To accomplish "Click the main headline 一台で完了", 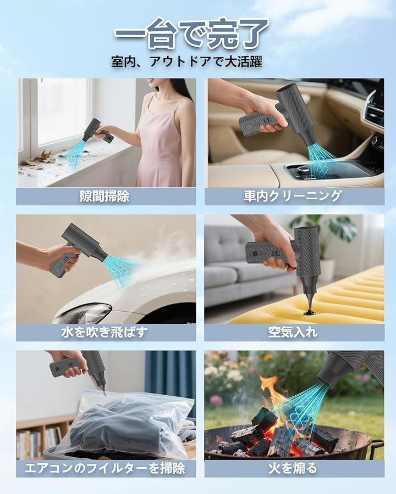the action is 192,34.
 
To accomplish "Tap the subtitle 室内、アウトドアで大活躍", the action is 186,61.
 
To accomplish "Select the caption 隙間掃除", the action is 105,197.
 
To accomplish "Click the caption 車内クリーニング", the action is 293,196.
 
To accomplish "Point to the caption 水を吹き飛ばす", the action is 105,332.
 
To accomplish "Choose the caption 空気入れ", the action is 293,332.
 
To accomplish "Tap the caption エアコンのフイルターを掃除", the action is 105,468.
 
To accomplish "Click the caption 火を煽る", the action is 293,468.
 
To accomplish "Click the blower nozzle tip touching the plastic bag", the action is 103,393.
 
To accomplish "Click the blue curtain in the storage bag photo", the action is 170,378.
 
